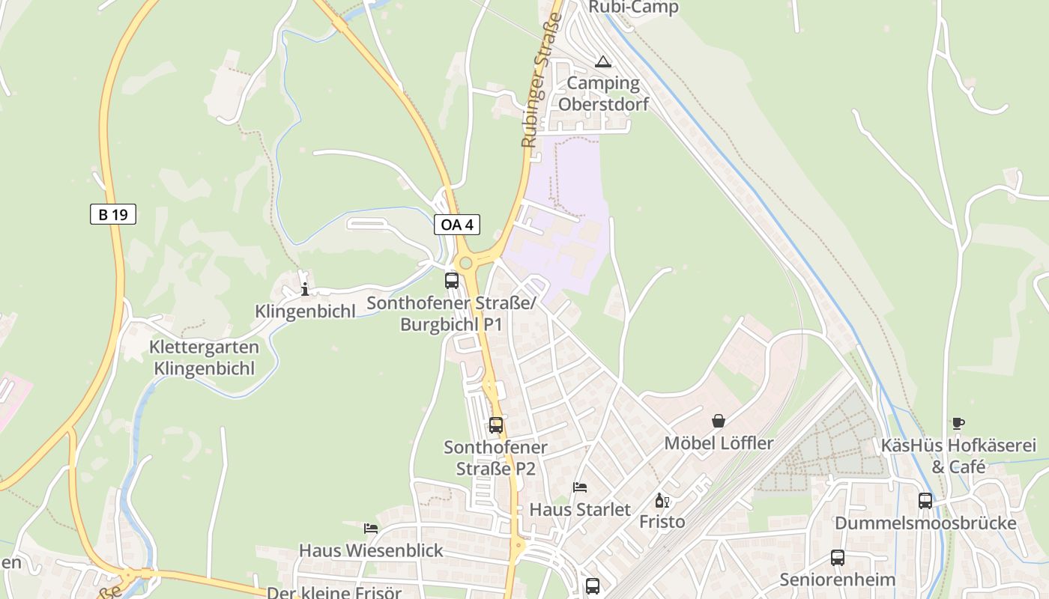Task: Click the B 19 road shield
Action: pos(113,215)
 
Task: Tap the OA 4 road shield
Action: pos(456,225)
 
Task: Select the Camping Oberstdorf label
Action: pos(603,93)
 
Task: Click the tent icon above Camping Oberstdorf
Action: pos(603,61)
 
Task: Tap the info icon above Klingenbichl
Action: pos(304,289)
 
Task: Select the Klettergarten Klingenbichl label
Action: pos(204,358)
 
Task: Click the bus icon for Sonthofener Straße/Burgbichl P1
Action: pos(452,281)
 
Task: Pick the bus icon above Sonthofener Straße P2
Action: pos(496,425)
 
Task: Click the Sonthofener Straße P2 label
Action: pos(496,457)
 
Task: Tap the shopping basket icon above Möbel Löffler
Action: pos(719,421)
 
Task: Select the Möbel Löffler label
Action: pos(719,443)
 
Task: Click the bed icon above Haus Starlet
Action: pos(580,487)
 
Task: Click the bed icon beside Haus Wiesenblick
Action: pos(371,529)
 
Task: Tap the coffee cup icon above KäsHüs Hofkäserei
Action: pos(958,423)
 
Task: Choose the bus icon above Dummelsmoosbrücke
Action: pos(925,501)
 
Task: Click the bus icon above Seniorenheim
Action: pos(837,558)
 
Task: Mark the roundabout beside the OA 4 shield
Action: pos(466,262)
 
